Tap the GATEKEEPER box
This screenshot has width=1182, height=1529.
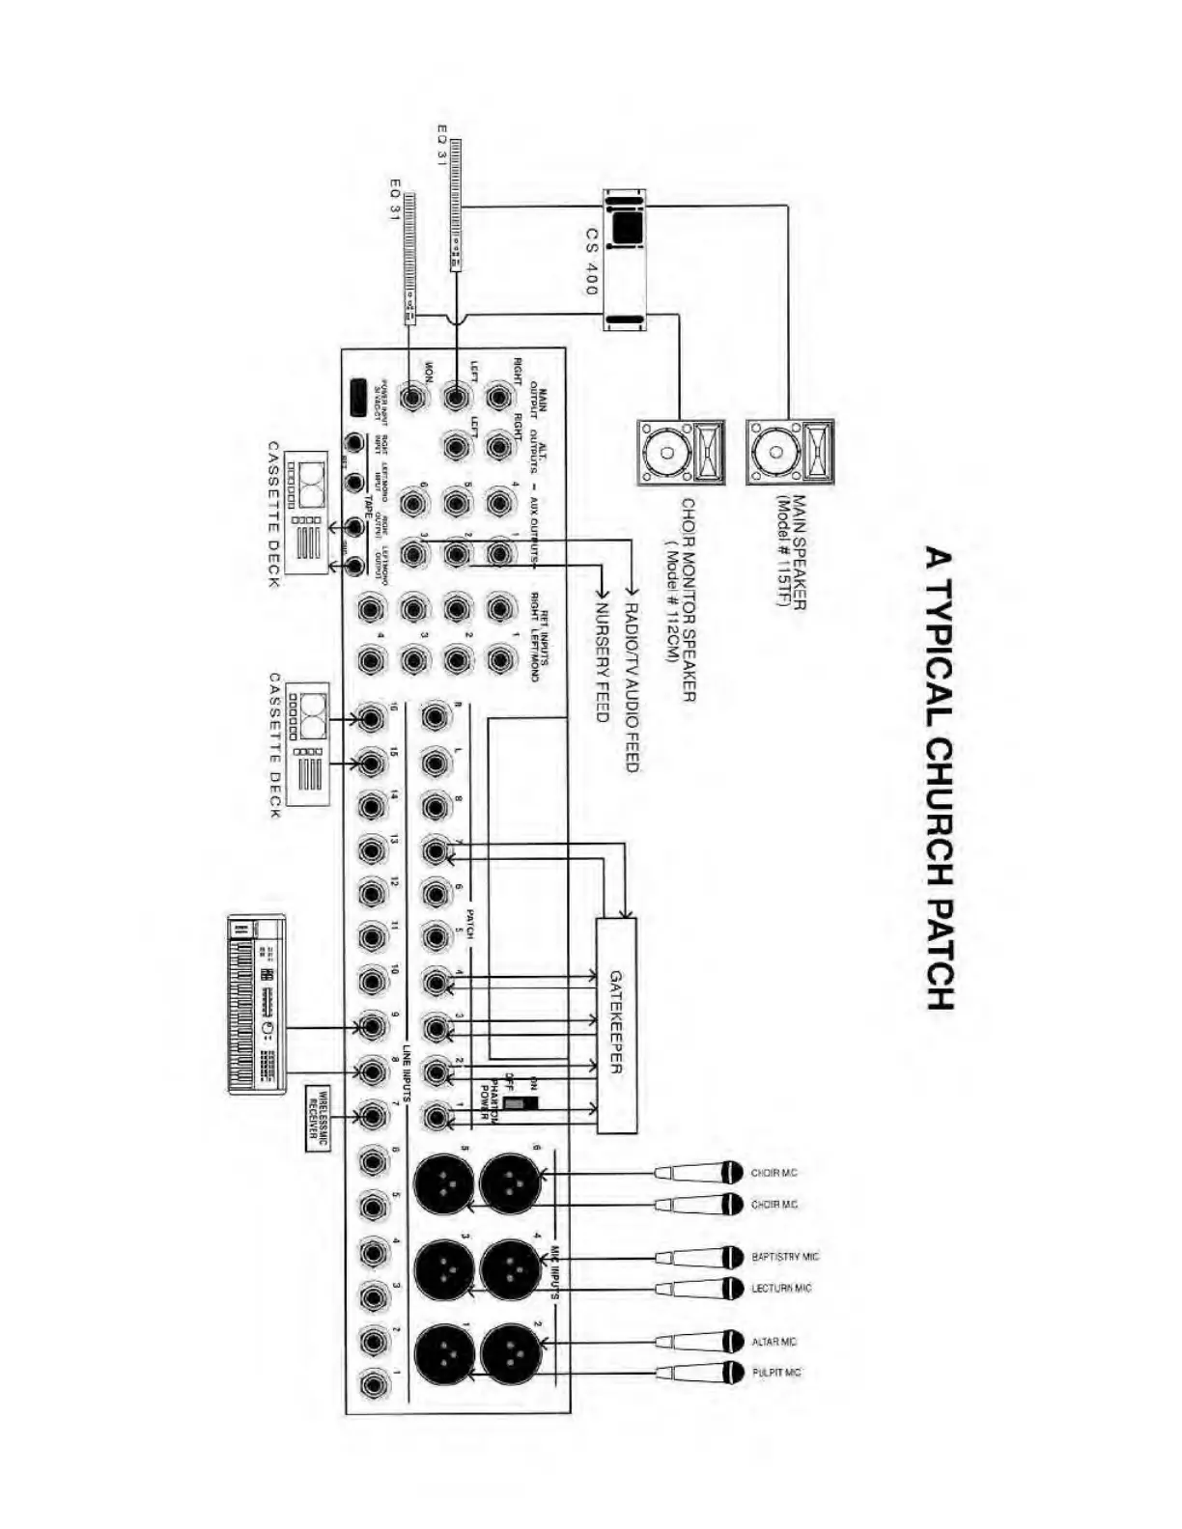616,1024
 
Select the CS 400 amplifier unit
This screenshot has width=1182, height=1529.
625,261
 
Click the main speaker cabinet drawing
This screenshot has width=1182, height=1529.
789,452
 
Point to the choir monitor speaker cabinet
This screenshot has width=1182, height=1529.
681,452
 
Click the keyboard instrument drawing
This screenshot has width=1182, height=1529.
258,1004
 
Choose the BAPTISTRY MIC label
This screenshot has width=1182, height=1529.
784,1257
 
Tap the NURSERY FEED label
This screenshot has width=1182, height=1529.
602,662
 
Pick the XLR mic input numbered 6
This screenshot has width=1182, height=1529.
509,1182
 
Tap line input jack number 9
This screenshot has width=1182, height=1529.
374,1026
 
